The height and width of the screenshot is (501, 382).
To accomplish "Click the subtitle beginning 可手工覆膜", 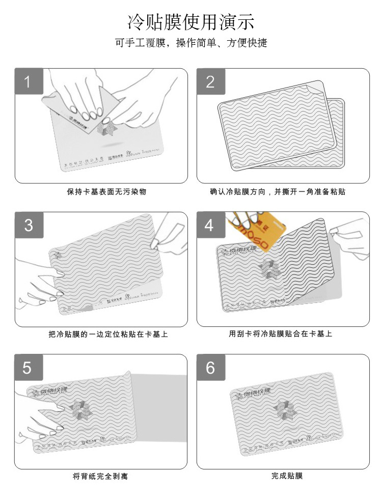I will (x=191, y=43).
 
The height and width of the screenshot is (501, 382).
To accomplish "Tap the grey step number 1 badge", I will (x=29, y=81).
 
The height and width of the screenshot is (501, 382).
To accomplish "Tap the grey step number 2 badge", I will (x=211, y=81).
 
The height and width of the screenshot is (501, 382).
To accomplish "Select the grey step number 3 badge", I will (x=29, y=225).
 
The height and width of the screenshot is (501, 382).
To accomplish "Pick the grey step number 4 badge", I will (x=211, y=225).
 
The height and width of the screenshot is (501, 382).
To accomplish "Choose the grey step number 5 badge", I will (x=29, y=368).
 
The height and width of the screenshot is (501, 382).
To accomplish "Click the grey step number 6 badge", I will (x=211, y=368).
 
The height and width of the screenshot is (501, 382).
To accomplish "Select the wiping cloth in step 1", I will (x=99, y=109).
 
